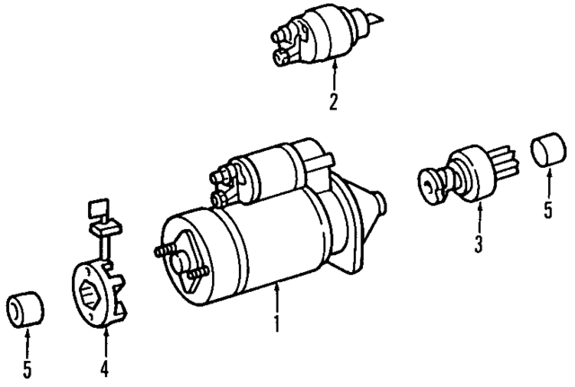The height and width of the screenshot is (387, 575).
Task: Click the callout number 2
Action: [333, 101]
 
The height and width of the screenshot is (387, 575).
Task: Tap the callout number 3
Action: [479, 242]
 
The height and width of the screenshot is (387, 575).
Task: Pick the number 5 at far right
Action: [548, 213]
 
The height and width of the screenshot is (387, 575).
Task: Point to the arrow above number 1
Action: [278, 296]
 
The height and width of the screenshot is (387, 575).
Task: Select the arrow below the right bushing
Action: [548, 186]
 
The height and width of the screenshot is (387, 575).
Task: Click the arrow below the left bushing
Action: [27, 342]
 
